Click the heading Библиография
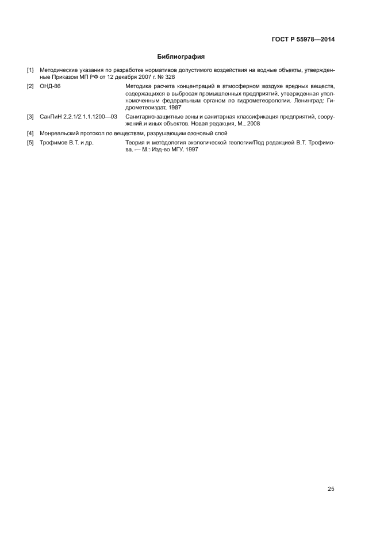pos(181,57)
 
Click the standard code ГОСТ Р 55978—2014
pos(303,40)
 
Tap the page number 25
pos(331,489)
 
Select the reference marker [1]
pos(30,70)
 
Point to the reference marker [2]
pos(30,85)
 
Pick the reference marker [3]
pos(30,117)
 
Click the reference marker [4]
pos(30,133)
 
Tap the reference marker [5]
pos(30,142)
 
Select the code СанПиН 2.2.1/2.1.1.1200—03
pos(78,117)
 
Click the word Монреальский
pos(59,133)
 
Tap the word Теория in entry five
pos(135,142)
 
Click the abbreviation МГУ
pos(181,149)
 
